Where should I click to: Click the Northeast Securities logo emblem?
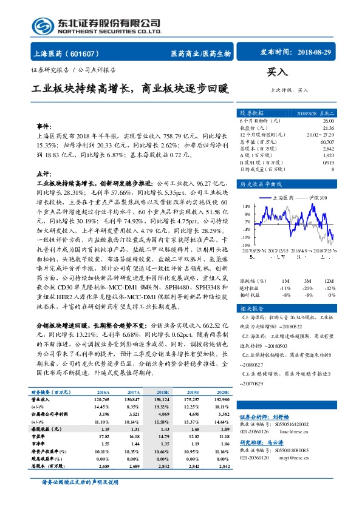(x=44, y=26)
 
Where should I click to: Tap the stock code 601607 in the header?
(x=89, y=53)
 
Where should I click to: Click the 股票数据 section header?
(x=252, y=113)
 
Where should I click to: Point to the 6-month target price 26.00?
(x=328, y=121)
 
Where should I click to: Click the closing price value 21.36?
(x=328, y=128)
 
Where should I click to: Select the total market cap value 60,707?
(x=326, y=141)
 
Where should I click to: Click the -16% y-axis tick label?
(x=245, y=245)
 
